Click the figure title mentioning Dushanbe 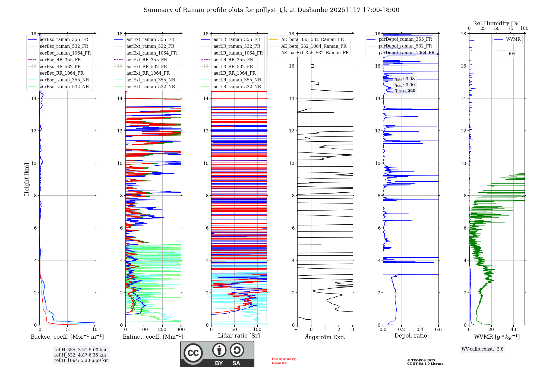click(271, 10)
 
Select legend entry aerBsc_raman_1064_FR click(65, 53)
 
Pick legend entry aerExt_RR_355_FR click(147, 60)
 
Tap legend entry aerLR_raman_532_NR click(237, 87)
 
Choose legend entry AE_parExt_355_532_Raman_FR click(315, 53)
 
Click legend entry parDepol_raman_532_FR click(405, 46)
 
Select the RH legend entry click(512, 54)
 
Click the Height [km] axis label click(27, 179)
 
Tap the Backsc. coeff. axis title click(67, 337)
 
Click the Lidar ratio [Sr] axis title click(239, 336)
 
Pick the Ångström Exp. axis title click(325, 337)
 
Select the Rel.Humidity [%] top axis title click(497, 23)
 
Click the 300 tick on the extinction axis click(181, 330)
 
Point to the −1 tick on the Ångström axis click(297, 330)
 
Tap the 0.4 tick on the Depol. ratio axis click(420, 330)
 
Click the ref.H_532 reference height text click(80, 355)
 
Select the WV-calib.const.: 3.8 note click(482, 349)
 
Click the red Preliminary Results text click(283, 361)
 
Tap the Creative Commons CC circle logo click(193, 353)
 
